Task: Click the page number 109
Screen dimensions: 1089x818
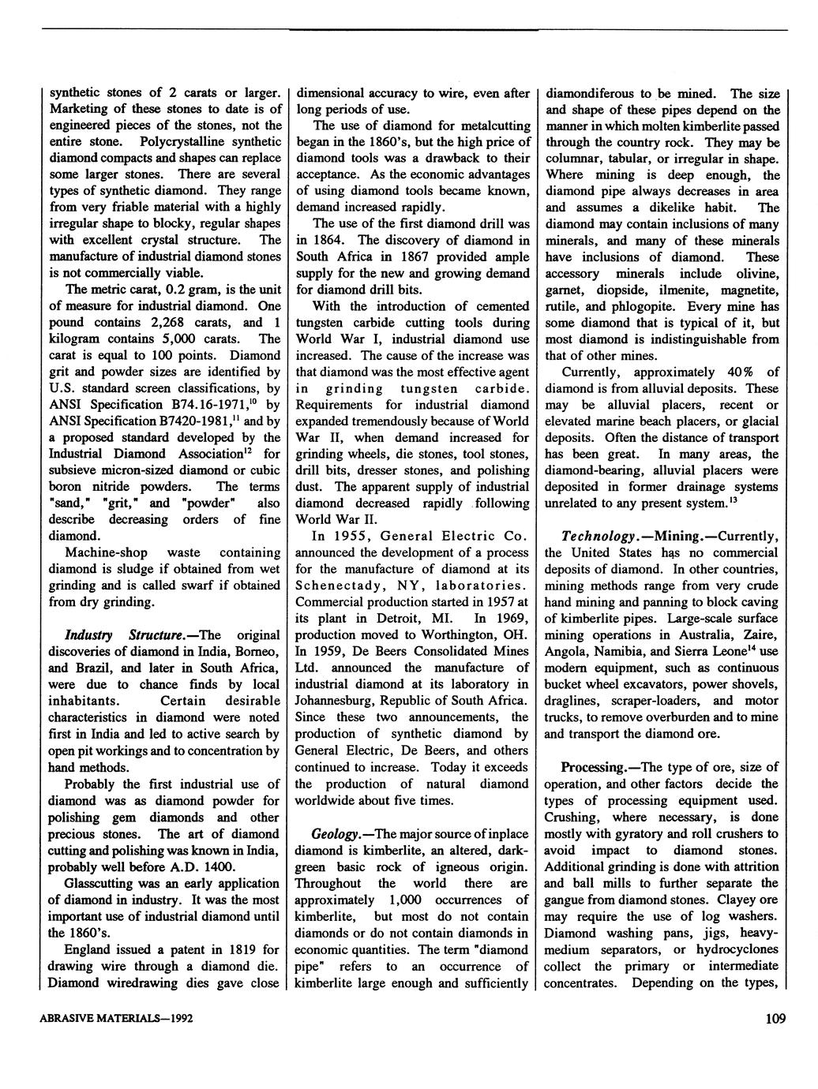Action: [775, 1019]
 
